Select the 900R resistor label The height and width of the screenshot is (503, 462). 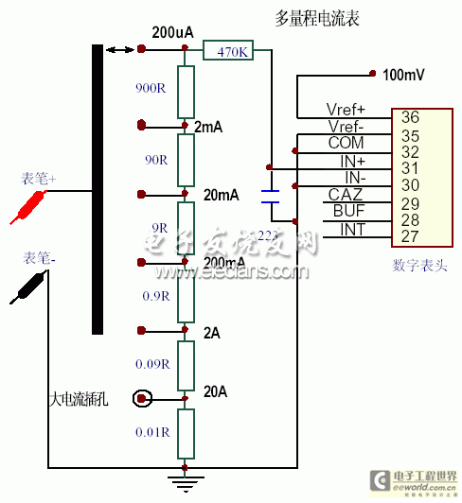pyautogui.click(x=151, y=89)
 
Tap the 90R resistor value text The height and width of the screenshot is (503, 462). pyautogui.click(x=155, y=160)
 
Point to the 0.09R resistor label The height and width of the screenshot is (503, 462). pyautogui.click(x=151, y=363)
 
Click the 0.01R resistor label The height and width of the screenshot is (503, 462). pyautogui.click(x=151, y=432)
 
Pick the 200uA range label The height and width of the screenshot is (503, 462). pyautogui.click(x=172, y=32)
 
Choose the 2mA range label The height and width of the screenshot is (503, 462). pyautogui.click(x=208, y=126)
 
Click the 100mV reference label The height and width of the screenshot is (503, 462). pyautogui.click(x=404, y=74)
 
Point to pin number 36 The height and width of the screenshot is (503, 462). pyautogui.click(x=410, y=118)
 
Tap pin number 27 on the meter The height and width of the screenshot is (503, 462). pyautogui.click(x=410, y=236)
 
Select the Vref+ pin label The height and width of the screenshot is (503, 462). pyautogui.click(x=346, y=110)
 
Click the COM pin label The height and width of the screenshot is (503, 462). pyautogui.click(x=346, y=143)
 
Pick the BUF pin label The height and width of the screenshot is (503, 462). pyautogui.click(x=347, y=211)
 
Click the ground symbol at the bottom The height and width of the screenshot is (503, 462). pyautogui.click(x=185, y=481)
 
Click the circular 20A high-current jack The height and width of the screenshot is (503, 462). pyautogui.click(x=142, y=399)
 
